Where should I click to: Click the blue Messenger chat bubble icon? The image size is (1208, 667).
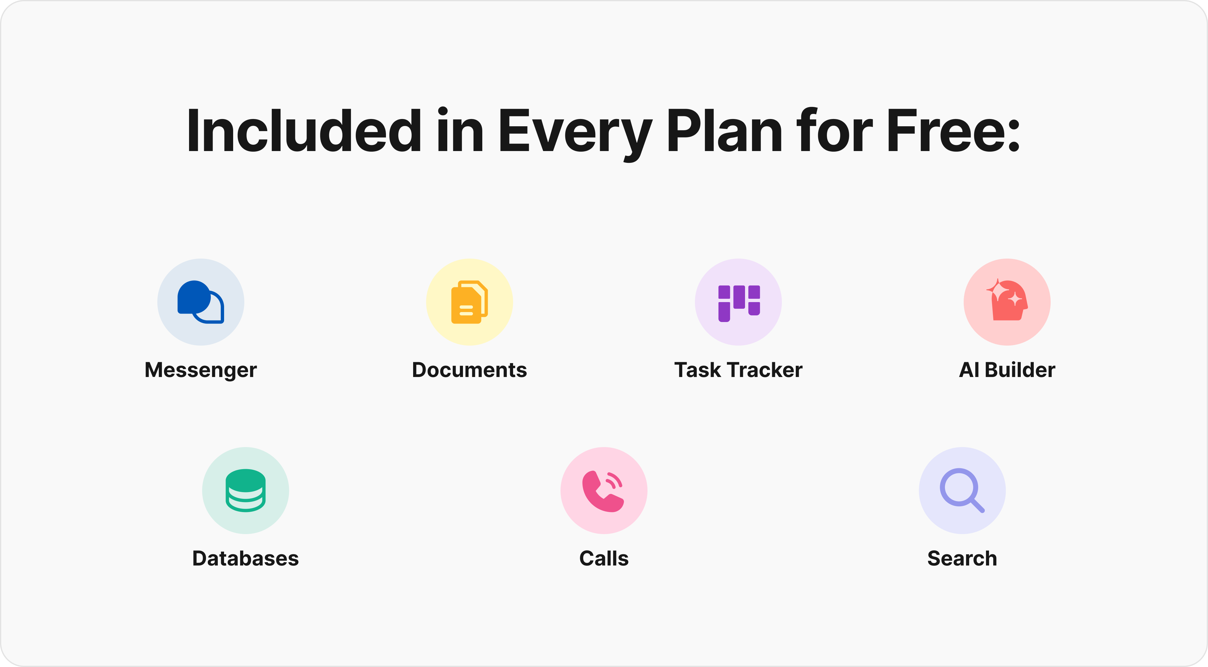click(x=201, y=302)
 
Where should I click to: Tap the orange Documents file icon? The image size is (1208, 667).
click(x=469, y=302)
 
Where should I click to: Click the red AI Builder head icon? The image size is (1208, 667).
click(x=1007, y=302)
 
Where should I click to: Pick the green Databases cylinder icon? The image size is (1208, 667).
click(x=245, y=490)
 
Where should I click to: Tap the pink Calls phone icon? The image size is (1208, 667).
click(x=603, y=491)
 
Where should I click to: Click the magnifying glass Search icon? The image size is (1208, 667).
click(x=962, y=491)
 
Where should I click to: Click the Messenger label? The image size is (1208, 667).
click(x=201, y=370)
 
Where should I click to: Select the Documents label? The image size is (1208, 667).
click(x=469, y=370)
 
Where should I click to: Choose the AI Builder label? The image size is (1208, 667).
click(x=1007, y=370)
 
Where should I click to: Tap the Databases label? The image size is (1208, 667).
click(x=245, y=558)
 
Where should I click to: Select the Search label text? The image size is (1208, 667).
click(x=962, y=558)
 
